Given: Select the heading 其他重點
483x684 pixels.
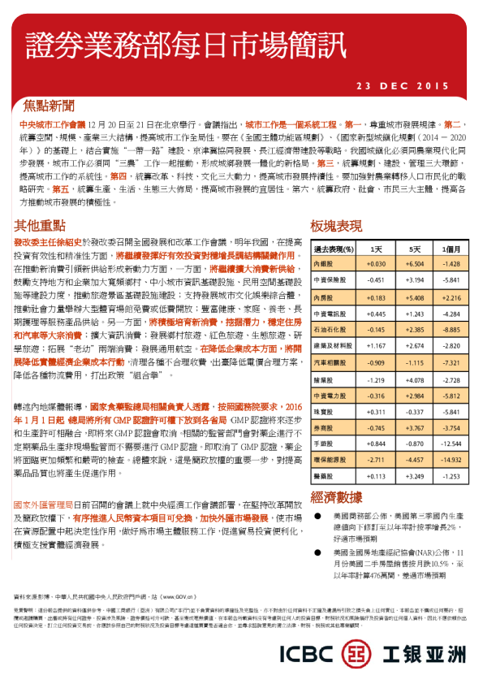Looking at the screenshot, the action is pyautogui.click(x=40, y=225).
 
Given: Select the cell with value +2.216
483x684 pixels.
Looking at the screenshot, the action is pyautogui.click(x=450, y=297).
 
